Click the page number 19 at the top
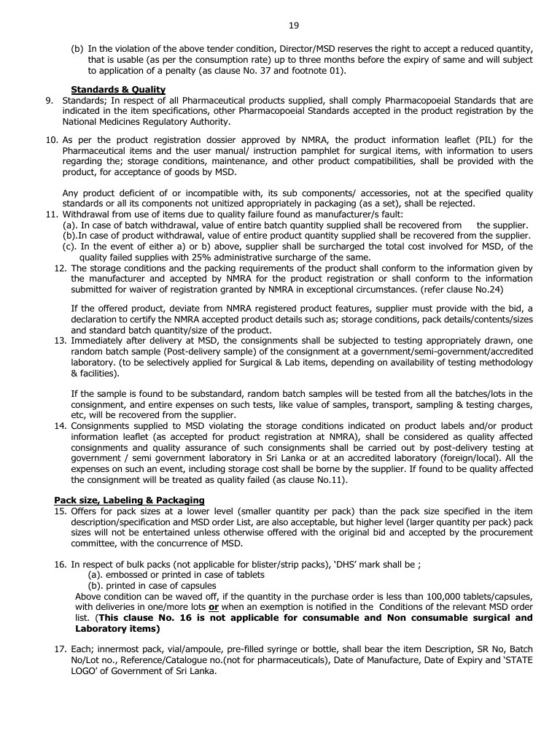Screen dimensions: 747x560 tap(293, 26)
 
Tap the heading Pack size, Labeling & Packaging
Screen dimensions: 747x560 tap(129, 500)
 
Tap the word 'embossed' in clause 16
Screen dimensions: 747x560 tap(128, 575)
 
